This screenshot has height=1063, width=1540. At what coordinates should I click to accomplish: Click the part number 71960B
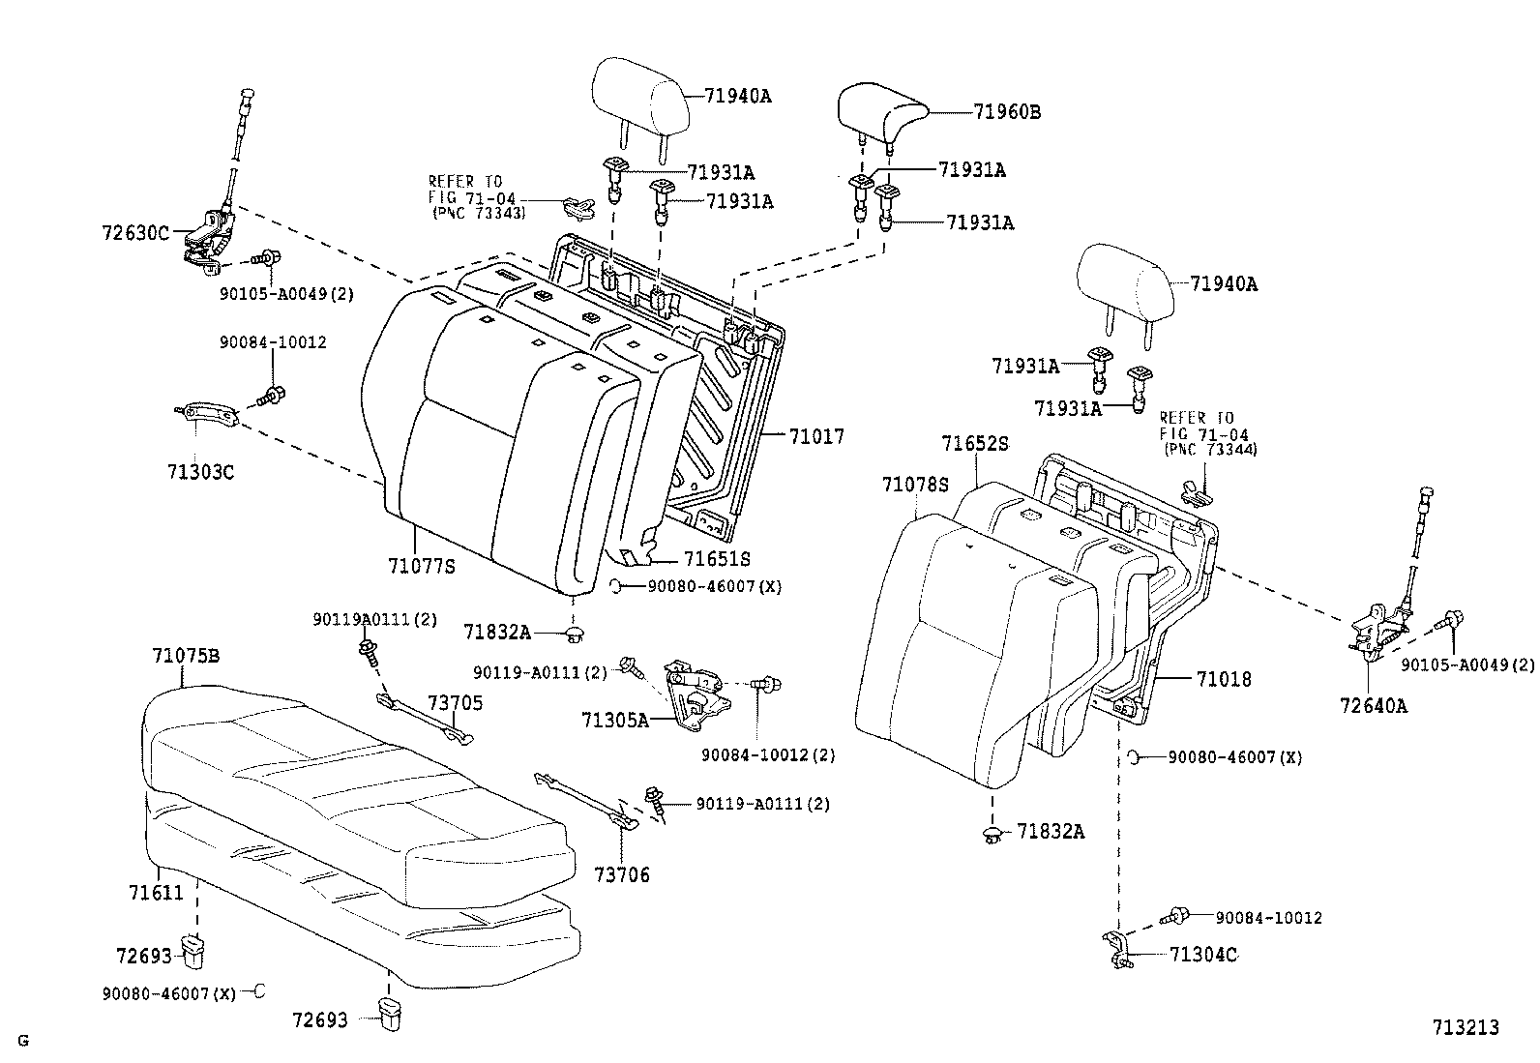tap(1007, 112)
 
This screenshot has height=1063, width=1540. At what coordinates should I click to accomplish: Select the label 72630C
tap(134, 233)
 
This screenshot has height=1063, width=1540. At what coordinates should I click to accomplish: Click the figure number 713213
tap(1466, 1026)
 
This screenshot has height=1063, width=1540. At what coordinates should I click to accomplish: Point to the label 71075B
tap(186, 656)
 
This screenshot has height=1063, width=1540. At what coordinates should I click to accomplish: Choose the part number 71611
tap(156, 893)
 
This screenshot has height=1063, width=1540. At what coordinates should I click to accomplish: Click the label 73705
tap(456, 703)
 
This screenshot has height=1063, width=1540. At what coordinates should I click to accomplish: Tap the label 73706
tap(622, 875)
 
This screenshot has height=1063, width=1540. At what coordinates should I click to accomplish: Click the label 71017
tap(816, 438)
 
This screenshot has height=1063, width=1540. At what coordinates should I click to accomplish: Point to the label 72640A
tap(1374, 706)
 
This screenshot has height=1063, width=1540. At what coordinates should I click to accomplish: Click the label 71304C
tap(1203, 956)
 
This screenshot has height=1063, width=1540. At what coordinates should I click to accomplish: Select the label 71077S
tap(420, 567)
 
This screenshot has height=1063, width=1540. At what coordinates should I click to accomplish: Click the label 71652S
tap(975, 444)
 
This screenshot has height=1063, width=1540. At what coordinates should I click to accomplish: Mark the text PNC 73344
tap(1210, 450)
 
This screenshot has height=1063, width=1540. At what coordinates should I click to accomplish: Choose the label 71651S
tap(717, 559)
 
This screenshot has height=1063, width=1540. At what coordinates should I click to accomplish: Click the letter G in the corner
tap(22, 1041)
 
